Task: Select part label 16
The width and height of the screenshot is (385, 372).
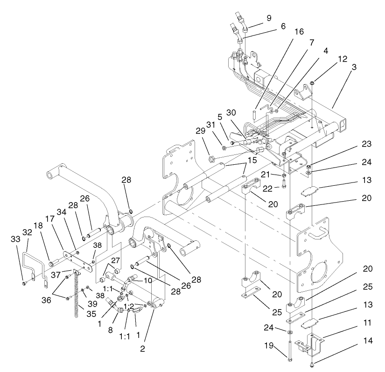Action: coord(299,31)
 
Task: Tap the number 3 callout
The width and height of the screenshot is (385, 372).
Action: coord(355,67)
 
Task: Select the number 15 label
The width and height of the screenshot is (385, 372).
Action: coord(252,161)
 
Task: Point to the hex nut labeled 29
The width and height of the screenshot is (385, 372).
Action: coord(211,158)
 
